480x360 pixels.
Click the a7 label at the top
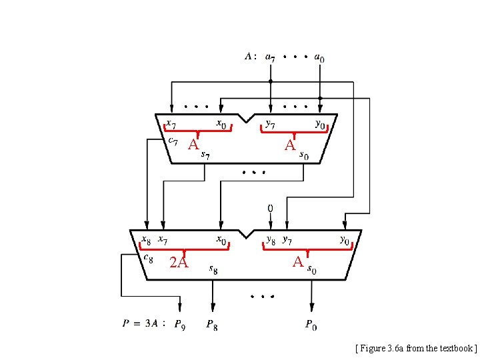point(270,58)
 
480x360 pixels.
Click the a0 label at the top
point(320,58)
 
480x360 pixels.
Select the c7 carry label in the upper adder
point(172,140)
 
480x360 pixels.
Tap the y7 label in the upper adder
point(270,124)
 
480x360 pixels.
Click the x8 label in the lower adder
point(145,239)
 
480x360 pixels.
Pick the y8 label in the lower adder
point(271,239)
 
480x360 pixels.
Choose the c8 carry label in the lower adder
point(149,258)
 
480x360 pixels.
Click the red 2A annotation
point(179,263)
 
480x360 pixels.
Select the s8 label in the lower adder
point(213,269)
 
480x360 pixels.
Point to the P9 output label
point(180,325)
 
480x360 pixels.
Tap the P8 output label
point(211,325)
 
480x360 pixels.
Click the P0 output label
point(311,325)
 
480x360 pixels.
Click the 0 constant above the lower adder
point(270,209)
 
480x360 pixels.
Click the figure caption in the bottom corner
point(416,348)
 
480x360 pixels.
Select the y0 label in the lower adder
point(344,239)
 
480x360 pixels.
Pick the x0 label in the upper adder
point(220,124)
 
